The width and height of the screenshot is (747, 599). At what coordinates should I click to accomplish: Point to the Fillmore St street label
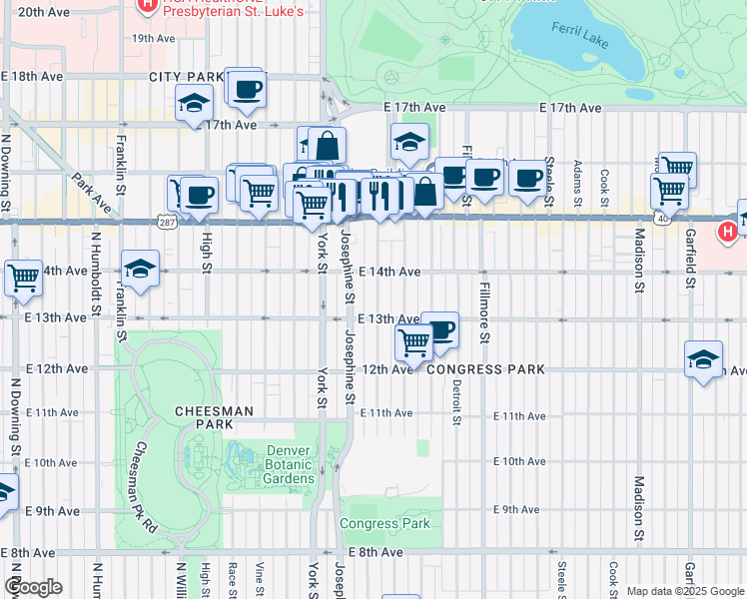click(x=483, y=311)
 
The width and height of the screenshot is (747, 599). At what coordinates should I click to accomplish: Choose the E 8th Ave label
click(x=375, y=552)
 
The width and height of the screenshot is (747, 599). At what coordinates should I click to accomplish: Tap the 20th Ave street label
click(x=44, y=12)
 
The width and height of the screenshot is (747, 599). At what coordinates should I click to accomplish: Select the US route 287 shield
click(x=167, y=221)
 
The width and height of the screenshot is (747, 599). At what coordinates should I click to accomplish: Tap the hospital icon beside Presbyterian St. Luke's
click(x=147, y=5)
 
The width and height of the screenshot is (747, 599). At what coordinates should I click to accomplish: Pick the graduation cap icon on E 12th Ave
click(x=703, y=358)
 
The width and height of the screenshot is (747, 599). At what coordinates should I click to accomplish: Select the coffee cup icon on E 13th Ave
click(x=439, y=328)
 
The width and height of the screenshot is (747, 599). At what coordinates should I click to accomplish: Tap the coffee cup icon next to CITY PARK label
click(x=246, y=88)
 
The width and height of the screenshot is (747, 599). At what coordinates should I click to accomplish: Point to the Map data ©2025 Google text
click(x=684, y=591)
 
